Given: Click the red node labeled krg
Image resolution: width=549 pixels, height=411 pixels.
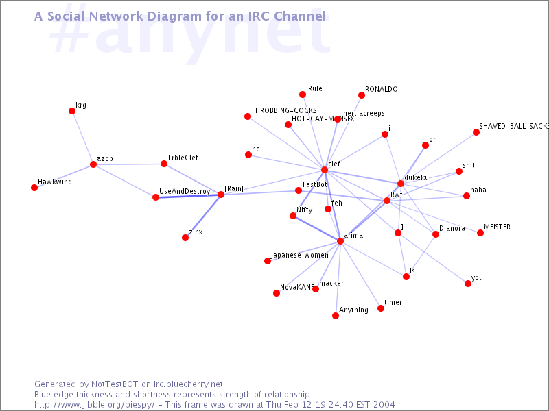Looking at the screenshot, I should [x=72, y=111].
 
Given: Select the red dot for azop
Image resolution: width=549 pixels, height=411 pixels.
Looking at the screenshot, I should [x=93, y=164].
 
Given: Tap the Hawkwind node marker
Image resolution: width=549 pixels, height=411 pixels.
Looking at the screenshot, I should [x=34, y=188].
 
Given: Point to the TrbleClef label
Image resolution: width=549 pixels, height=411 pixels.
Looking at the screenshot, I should [x=183, y=158].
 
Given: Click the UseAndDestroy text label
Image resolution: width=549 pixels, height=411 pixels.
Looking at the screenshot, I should [x=185, y=191].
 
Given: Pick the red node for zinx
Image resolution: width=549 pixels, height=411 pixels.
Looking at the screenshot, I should [x=185, y=238].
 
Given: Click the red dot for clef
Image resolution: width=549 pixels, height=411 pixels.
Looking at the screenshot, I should [x=325, y=170].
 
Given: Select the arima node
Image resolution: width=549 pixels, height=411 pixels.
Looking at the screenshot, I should [x=340, y=241].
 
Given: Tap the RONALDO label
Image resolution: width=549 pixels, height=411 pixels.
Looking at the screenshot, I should [x=381, y=90].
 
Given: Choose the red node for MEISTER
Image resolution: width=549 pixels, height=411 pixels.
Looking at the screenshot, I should [x=480, y=233].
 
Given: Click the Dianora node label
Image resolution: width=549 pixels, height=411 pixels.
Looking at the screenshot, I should [x=452, y=229].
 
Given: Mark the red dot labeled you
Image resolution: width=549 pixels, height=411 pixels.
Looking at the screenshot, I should [x=468, y=284].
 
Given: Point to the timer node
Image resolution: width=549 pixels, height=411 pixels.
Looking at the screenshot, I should [x=381, y=308].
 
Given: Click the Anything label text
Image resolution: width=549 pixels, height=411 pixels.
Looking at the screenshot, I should [x=354, y=310].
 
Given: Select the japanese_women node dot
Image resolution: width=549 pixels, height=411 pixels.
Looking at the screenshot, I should [x=268, y=261].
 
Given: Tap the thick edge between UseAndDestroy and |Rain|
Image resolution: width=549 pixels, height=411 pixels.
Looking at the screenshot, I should [x=189, y=196].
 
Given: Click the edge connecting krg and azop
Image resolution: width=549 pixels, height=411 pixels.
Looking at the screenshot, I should [x=82, y=138].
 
